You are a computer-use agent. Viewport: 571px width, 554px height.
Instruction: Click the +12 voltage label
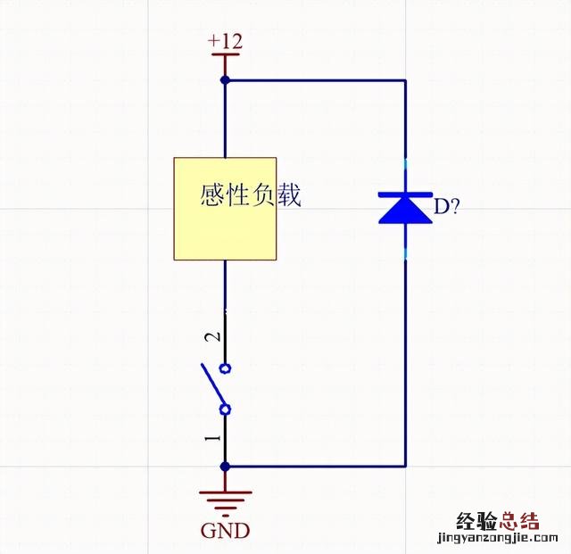225,41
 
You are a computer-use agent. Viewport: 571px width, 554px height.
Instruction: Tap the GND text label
225,531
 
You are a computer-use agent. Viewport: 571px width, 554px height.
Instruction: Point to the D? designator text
447,209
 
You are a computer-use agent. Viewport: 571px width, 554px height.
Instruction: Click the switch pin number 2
211,337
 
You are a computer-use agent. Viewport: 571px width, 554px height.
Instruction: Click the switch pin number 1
211,438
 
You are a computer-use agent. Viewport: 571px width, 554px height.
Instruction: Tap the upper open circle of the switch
225,368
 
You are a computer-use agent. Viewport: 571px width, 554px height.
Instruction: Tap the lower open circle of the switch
225,409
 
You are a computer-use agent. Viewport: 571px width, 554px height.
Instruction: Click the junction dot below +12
225,80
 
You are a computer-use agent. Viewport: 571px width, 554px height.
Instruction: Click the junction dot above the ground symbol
225,466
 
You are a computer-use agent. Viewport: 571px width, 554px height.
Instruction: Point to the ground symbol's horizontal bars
225,500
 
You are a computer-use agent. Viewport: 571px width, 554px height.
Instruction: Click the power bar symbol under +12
225,55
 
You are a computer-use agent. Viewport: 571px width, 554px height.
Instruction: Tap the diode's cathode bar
405,193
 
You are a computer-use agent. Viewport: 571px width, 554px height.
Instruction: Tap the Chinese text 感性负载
252,195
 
